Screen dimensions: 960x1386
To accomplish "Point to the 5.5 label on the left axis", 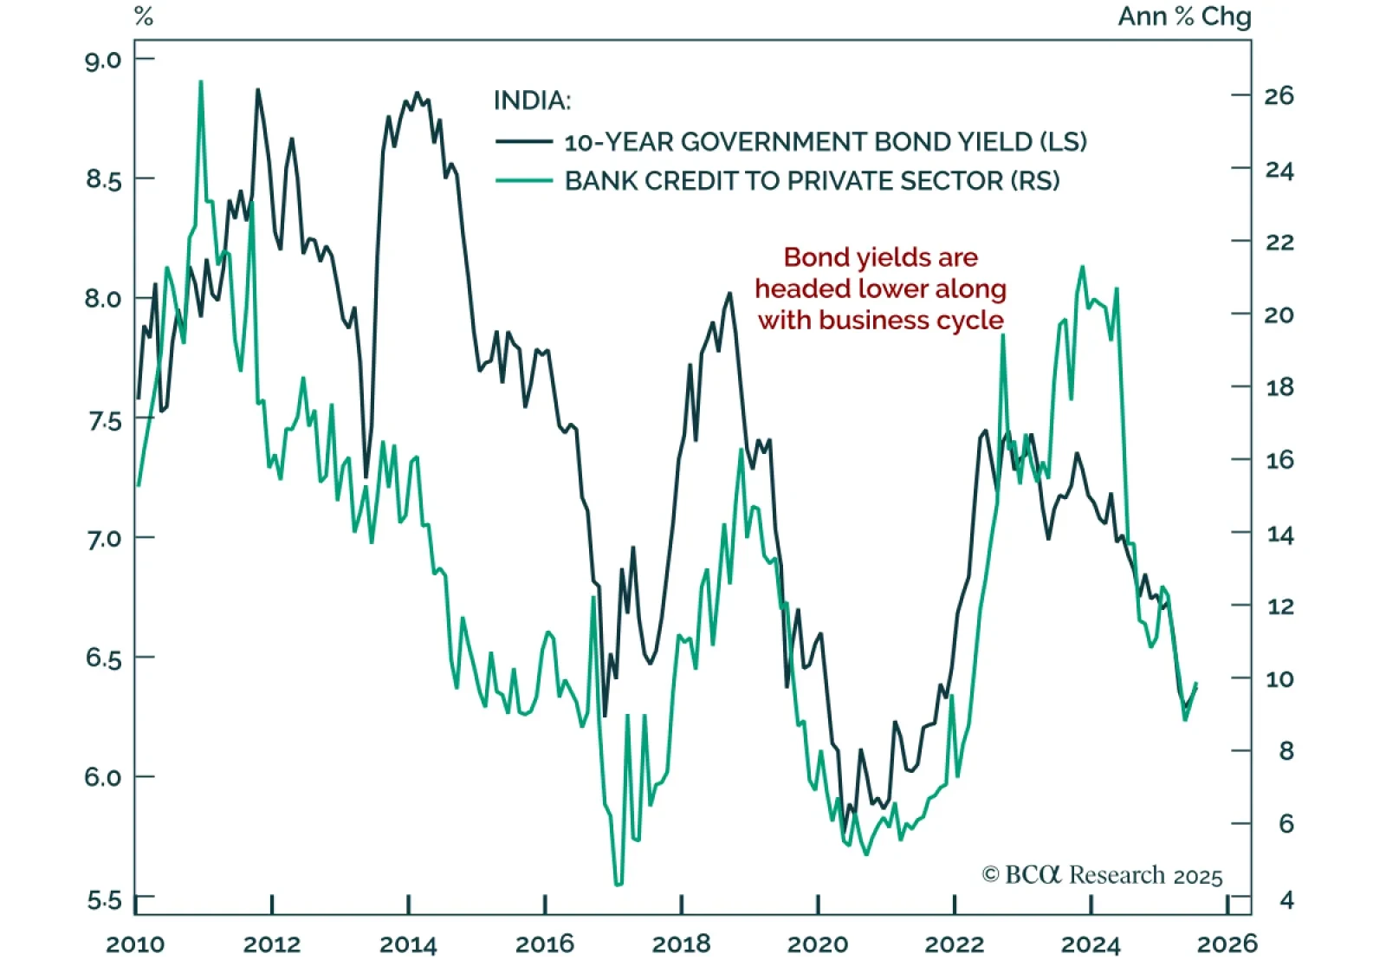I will (103, 899).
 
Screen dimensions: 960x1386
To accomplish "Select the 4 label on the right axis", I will (1286, 899).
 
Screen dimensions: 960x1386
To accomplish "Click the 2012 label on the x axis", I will (271, 943).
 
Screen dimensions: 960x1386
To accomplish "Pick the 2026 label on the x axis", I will (1227, 943).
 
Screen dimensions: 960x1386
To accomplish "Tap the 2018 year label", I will (681, 943).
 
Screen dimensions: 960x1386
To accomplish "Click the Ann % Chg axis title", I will (1184, 16).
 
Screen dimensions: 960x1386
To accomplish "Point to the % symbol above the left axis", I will (144, 16).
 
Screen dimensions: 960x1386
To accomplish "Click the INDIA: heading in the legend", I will (532, 101).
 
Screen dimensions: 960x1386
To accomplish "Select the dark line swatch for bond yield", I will (523, 141).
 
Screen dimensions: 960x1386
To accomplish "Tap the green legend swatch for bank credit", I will (523, 180).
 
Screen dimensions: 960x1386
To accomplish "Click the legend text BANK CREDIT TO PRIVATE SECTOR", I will (812, 180).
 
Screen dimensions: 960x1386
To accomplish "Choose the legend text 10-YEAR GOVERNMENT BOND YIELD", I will (825, 141).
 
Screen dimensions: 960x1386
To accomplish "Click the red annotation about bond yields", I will (880, 289).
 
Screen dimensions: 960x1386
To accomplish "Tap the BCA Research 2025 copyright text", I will (1102, 875).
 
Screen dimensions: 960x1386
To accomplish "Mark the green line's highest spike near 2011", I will (201, 82).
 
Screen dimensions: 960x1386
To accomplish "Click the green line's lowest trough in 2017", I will (618, 885).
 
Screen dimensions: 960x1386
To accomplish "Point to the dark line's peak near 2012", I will (257, 89).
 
